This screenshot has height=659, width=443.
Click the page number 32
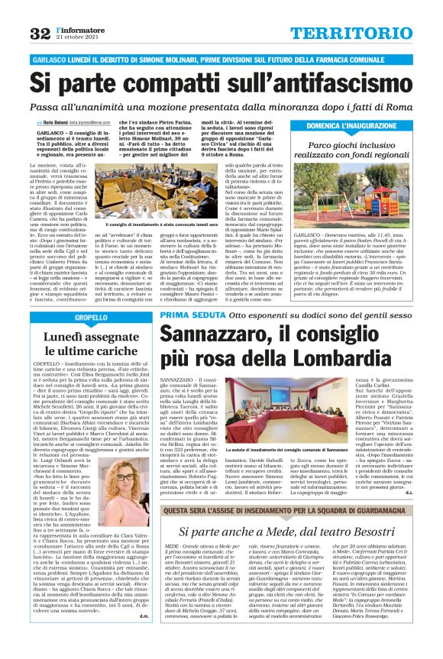(x=38, y=32)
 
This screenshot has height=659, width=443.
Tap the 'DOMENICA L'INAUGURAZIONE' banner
(x=361, y=124)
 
